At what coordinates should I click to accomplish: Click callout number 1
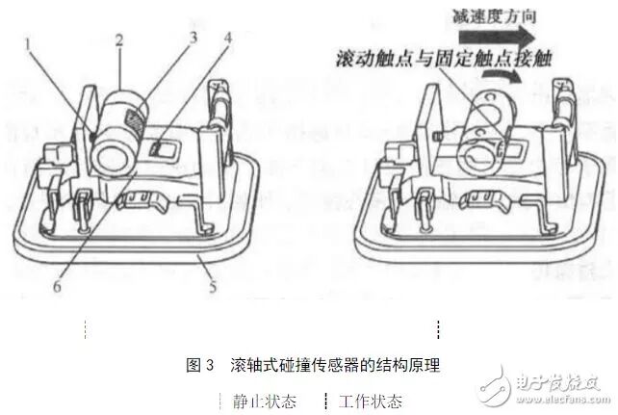pos(31,42)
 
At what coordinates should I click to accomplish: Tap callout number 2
pos(118,41)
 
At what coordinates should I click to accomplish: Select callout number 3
pos(193,39)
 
